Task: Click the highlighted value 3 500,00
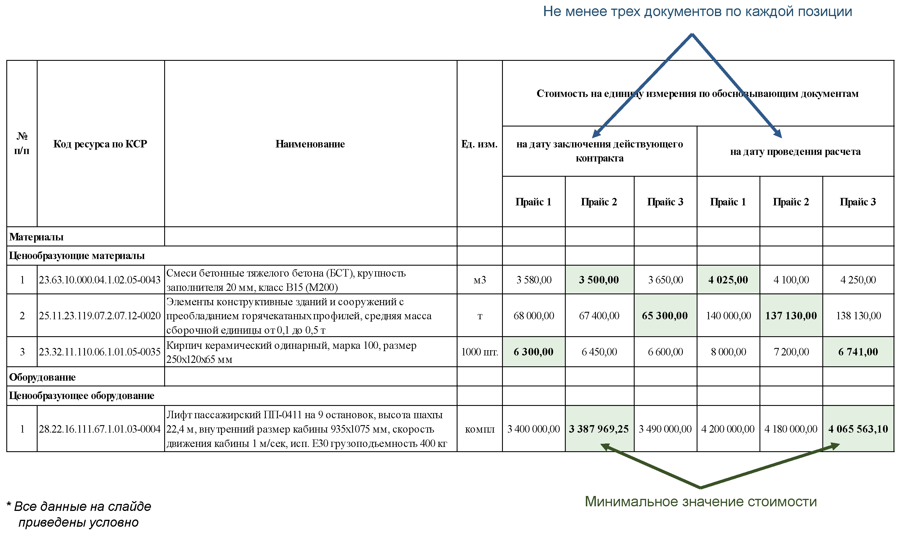click(598, 280)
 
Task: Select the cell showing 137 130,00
click(791, 316)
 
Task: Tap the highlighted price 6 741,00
click(858, 352)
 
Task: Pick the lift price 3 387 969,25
click(598, 429)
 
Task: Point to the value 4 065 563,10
click(858, 429)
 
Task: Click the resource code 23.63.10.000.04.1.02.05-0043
click(100, 280)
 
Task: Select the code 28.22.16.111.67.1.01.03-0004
click(100, 429)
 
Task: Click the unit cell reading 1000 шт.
click(479, 352)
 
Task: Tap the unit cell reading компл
click(479, 429)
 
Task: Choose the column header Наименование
click(310, 144)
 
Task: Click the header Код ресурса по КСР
click(100, 144)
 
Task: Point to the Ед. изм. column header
click(479, 144)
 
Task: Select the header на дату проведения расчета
click(795, 152)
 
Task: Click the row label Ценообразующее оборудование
click(82, 396)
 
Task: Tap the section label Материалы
click(36, 237)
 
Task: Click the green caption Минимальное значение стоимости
click(701, 501)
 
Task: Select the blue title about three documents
click(697, 11)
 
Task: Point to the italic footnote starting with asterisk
click(79, 514)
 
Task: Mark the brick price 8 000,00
click(728, 352)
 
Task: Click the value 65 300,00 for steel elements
click(664, 316)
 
